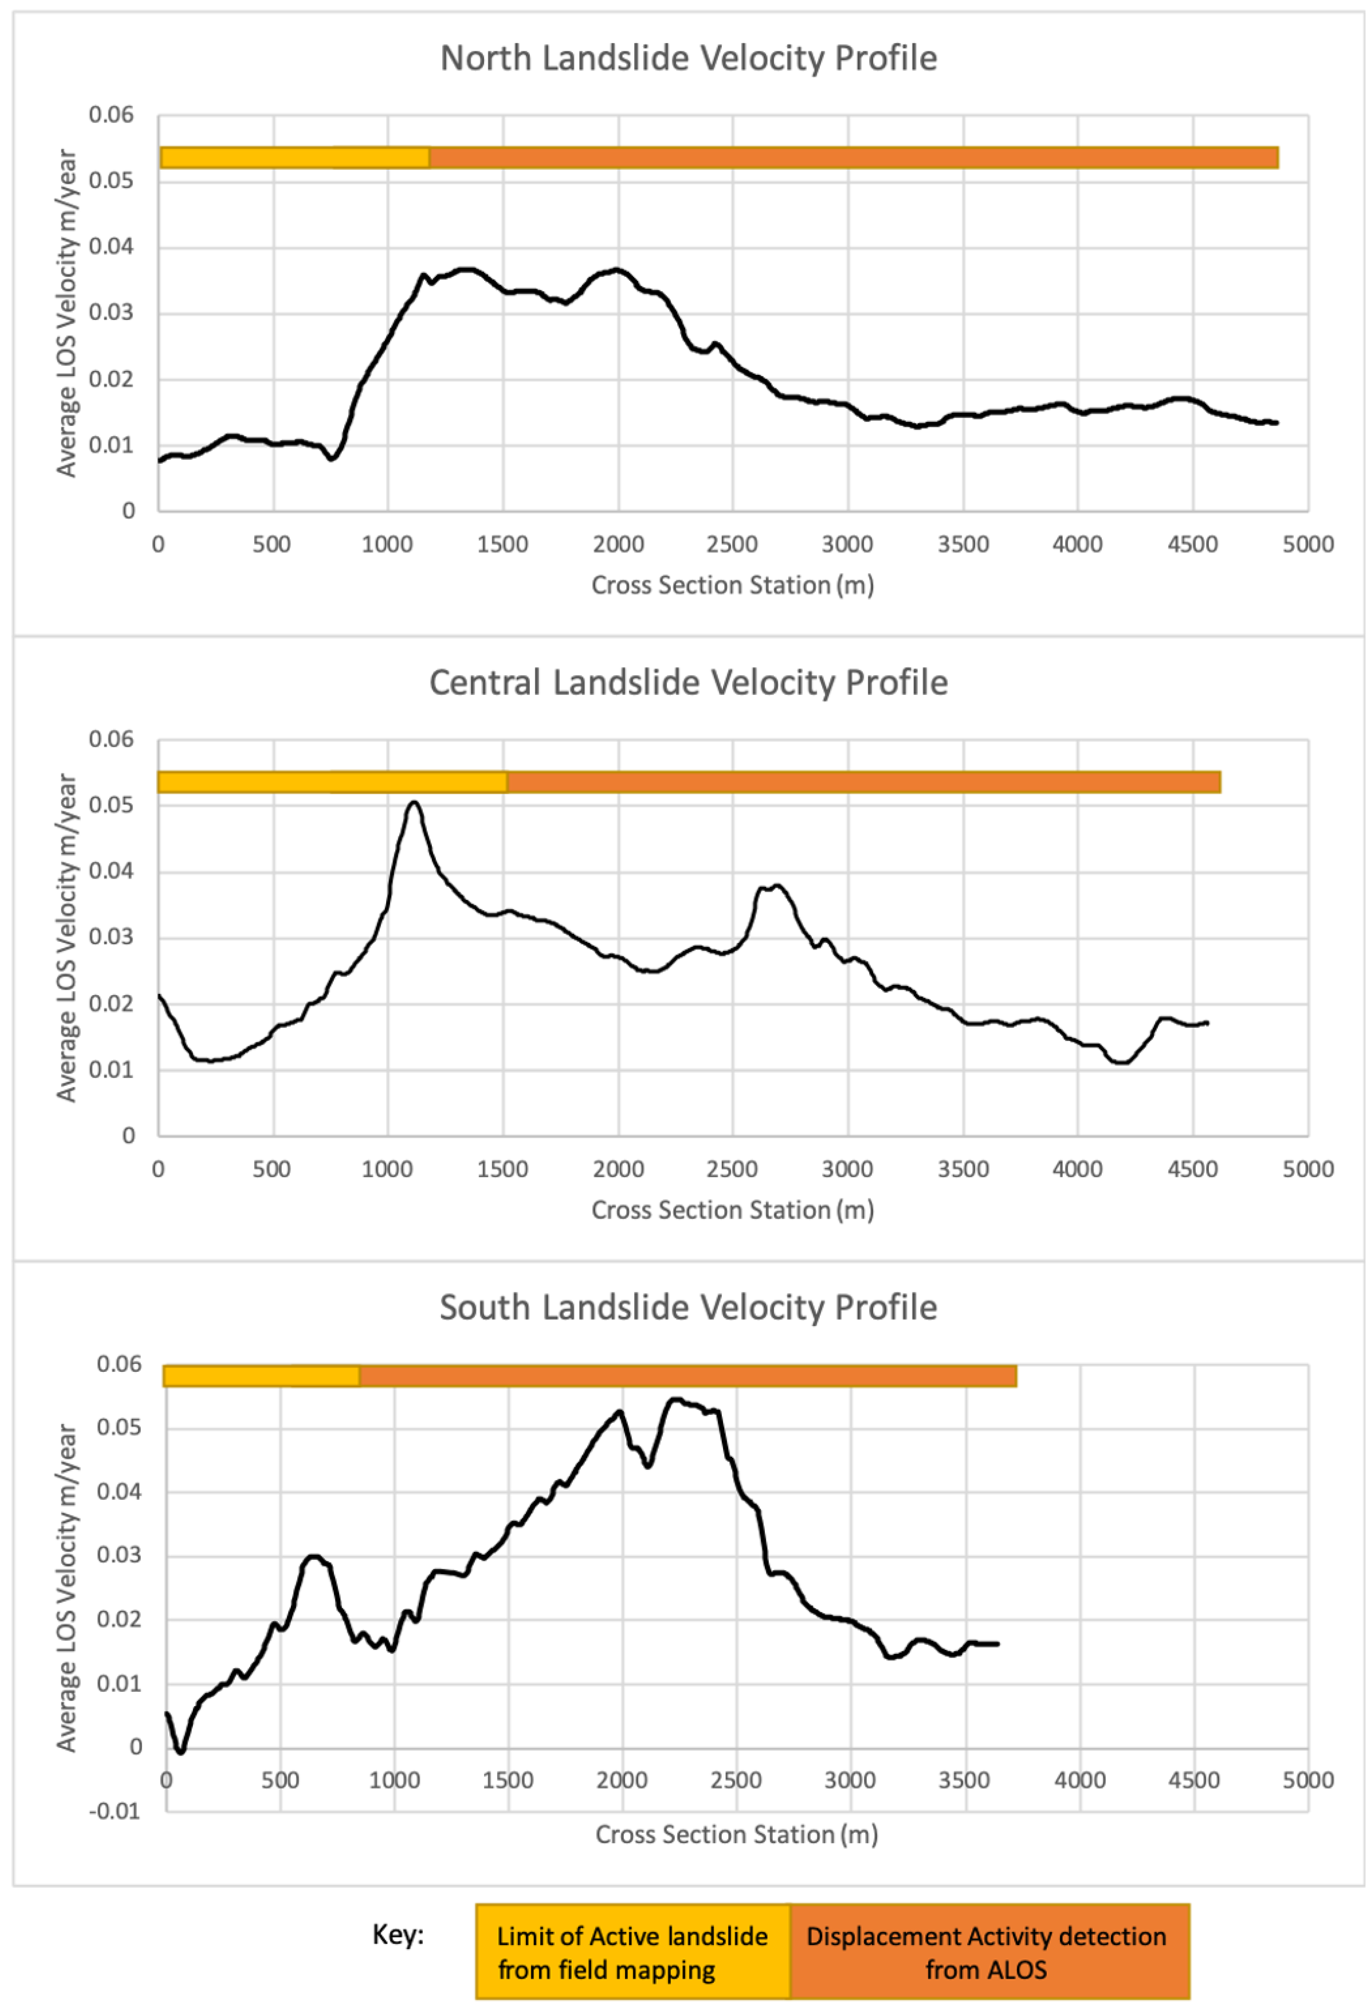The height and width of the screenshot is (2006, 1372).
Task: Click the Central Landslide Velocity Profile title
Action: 688,683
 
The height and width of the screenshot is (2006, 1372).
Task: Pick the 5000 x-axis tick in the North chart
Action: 1307,545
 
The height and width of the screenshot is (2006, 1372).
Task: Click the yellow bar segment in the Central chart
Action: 331,782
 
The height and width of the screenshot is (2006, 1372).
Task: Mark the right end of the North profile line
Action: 1276,422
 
